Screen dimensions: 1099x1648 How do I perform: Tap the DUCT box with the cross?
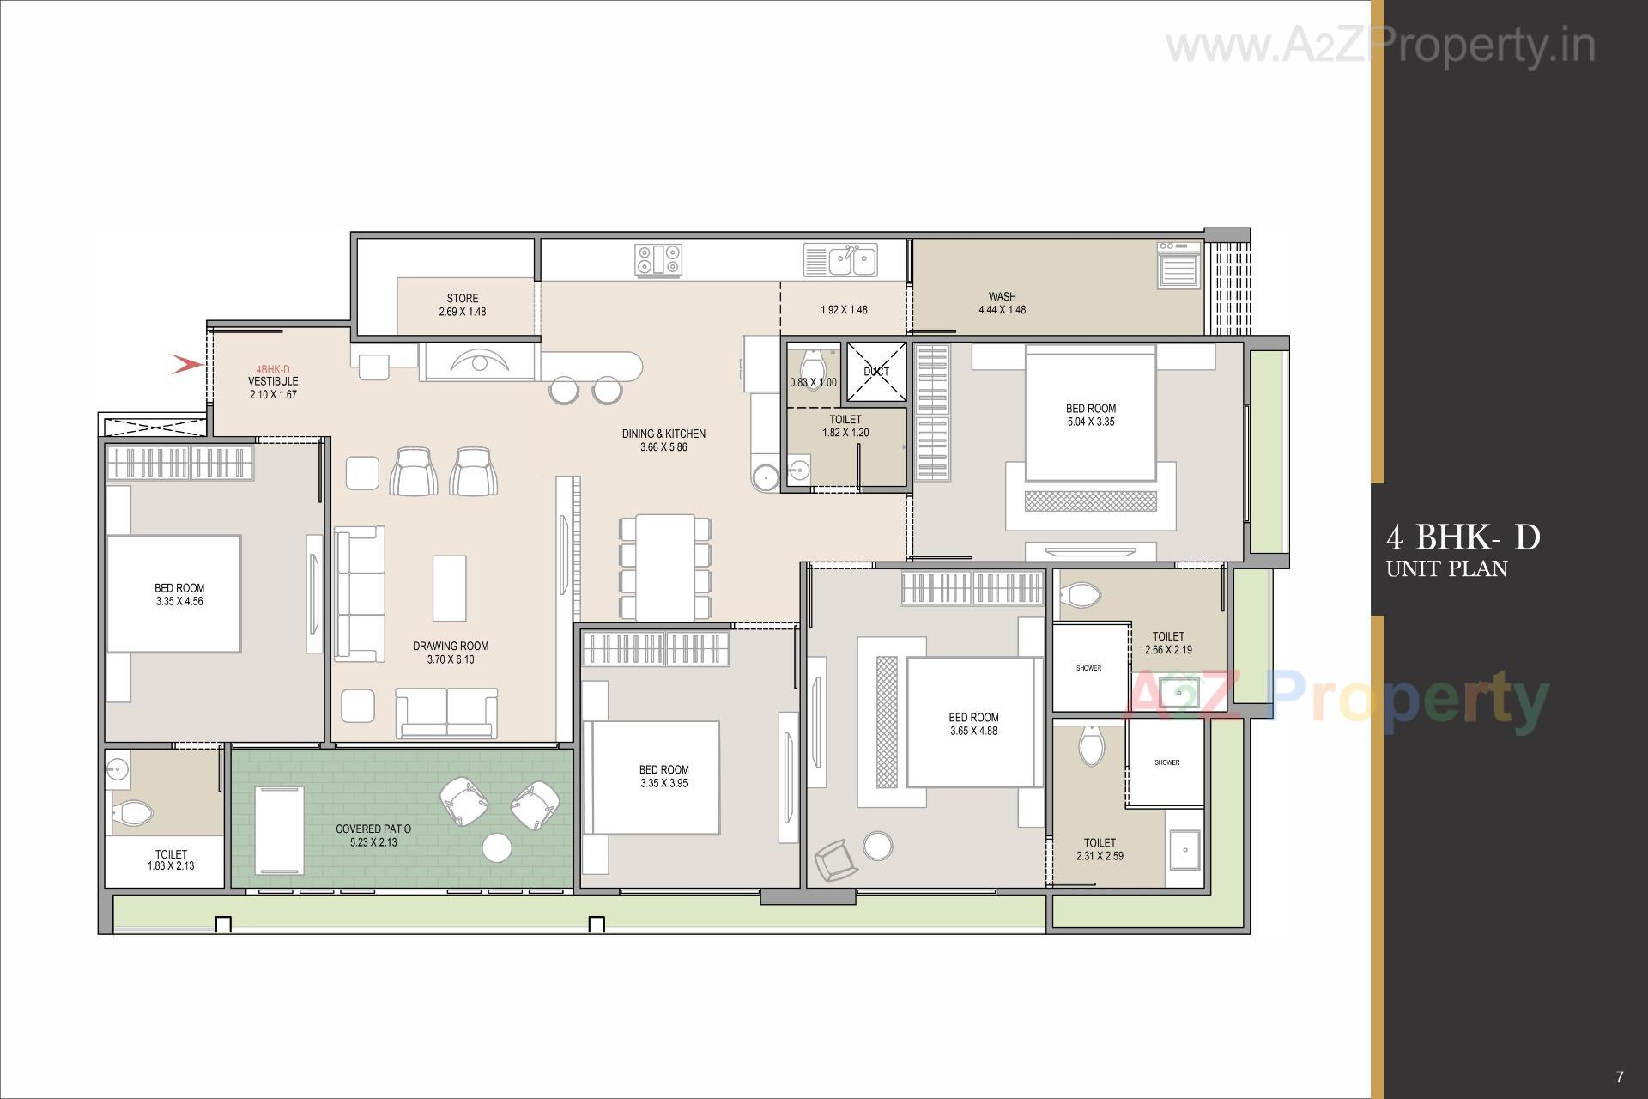tap(876, 372)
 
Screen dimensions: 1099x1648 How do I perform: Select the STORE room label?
tap(462, 299)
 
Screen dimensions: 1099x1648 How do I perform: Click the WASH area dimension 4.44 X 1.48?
tap(1002, 310)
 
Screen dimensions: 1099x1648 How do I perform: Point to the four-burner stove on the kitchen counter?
tap(659, 259)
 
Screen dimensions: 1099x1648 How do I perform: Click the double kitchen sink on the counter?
tap(841, 260)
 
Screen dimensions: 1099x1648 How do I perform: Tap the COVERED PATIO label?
tap(373, 829)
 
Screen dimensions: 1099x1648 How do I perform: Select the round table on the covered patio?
tap(497, 847)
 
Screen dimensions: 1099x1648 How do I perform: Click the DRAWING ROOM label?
tap(451, 647)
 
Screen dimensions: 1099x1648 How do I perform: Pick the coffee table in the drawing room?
tap(450, 588)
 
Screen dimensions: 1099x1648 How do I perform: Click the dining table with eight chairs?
tap(665, 567)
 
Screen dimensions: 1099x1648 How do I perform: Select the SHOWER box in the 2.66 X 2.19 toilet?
tap(1089, 667)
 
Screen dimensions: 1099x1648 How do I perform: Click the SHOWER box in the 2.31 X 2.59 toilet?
tap(1166, 762)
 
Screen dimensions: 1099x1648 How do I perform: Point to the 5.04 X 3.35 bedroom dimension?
tap(1090, 422)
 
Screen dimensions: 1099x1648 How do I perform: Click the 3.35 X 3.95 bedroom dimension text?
tap(663, 784)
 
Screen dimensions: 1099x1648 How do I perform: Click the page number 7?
tap(1619, 1077)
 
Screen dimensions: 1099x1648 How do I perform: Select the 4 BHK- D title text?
tap(1463, 538)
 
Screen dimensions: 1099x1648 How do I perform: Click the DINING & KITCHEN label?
tap(663, 434)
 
